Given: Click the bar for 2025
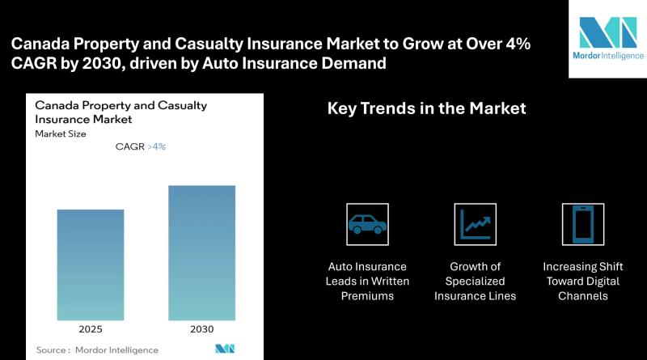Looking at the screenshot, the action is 91,265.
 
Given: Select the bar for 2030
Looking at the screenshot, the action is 201,252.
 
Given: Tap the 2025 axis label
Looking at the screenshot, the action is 91,329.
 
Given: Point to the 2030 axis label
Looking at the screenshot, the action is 201,329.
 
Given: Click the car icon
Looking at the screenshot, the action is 367,224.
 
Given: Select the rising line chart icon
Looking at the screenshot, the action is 476,224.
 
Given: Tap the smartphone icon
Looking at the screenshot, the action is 582,224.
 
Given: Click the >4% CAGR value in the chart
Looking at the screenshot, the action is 156,146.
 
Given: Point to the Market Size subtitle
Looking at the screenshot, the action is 60,133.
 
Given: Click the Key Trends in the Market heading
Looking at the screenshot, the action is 427,108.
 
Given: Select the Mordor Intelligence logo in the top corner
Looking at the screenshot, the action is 608,38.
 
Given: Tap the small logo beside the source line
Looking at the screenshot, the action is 225,349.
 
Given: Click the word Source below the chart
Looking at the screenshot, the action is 51,350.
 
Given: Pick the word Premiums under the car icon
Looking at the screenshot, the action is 367,296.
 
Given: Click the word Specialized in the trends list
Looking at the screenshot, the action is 475,282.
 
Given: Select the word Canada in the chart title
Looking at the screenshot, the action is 57,105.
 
